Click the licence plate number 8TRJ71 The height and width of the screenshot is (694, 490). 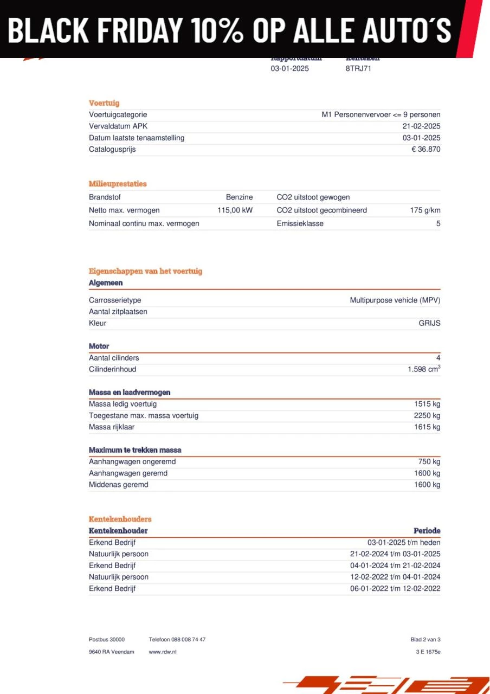click(x=358, y=68)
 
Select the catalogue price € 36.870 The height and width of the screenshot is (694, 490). click(x=425, y=149)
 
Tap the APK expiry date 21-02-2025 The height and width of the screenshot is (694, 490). click(x=421, y=126)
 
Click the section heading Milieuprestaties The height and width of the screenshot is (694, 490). click(x=118, y=184)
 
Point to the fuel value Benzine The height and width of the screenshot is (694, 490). click(x=239, y=197)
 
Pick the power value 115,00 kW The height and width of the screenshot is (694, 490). click(x=235, y=210)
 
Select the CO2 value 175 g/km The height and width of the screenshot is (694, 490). click(x=425, y=210)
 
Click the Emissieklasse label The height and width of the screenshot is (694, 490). click(x=300, y=223)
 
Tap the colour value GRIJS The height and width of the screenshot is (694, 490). click(x=429, y=323)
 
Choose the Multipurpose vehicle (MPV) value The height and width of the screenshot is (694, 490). click(x=395, y=300)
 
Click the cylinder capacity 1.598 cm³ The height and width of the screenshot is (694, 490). click(x=424, y=369)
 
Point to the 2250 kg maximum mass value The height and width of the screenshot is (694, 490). click(x=427, y=415)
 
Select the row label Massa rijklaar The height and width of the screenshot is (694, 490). click(x=112, y=427)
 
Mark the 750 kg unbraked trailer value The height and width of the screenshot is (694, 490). click(x=429, y=461)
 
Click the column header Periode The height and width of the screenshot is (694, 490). click(x=427, y=531)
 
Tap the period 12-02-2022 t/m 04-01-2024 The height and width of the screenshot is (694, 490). click(x=395, y=577)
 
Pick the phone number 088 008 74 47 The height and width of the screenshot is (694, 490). click(x=189, y=640)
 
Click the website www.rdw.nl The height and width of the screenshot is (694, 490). click(x=162, y=652)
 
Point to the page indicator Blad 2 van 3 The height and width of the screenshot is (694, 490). click(x=425, y=640)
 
